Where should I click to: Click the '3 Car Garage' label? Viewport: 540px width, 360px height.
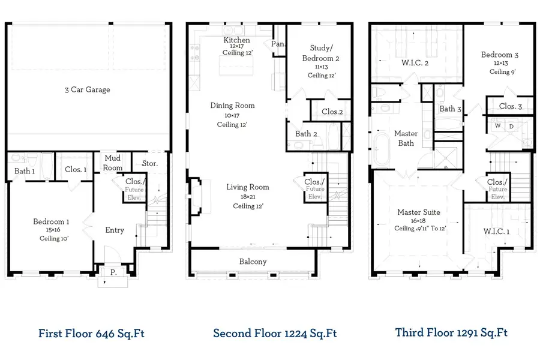pos(88,90)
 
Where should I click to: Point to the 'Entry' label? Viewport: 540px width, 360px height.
pos(115,230)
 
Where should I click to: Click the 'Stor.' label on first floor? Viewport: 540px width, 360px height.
pos(149,163)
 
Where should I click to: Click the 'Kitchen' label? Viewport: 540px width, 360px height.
pos(237,40)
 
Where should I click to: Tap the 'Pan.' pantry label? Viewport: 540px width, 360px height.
pos(278,44)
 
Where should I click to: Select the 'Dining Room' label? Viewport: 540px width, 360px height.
pos(232,106)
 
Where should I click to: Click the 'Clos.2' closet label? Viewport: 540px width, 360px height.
pos(332,112)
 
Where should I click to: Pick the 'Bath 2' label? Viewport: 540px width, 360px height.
pos(306,134)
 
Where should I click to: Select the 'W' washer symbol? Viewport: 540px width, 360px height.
pos(497,127)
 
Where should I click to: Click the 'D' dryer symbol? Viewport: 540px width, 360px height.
pos(511,127)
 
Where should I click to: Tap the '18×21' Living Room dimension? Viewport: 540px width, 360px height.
pos(248,197)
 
